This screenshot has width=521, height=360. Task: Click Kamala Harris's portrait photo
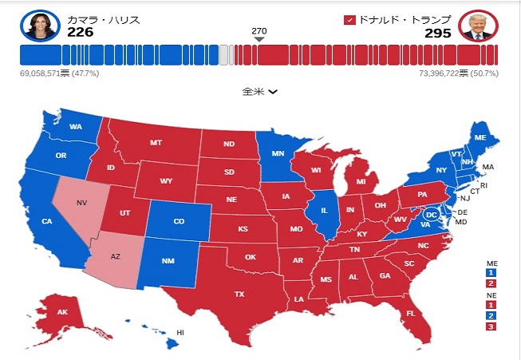37,26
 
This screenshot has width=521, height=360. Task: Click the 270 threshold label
259,31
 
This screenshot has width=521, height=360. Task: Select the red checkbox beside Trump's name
349,19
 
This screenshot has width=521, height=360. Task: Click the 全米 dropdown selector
260,91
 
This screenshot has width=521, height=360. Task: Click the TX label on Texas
239,294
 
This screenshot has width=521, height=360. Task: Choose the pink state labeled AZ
115,257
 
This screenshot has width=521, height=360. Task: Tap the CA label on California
47,221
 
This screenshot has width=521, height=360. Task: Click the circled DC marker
431,215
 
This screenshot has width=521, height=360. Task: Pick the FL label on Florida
410,313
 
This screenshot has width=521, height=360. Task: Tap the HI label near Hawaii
180,331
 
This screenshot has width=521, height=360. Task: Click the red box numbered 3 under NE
491,326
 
